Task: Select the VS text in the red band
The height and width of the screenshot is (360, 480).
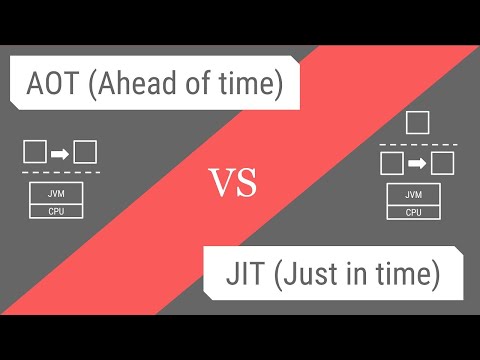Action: click(233, 182)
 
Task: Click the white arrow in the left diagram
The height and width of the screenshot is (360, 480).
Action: click(59, 153)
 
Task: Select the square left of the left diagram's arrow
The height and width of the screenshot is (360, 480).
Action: click(34, 153)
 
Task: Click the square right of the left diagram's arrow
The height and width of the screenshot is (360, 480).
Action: click(85, 153)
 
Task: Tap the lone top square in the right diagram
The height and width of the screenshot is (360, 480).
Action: click(418, 123)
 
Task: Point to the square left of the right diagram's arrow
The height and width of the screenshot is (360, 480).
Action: click(392, 162)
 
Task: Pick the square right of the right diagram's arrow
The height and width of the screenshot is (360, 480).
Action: click(443, 162)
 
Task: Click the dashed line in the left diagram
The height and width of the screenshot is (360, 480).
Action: click(59, 174)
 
